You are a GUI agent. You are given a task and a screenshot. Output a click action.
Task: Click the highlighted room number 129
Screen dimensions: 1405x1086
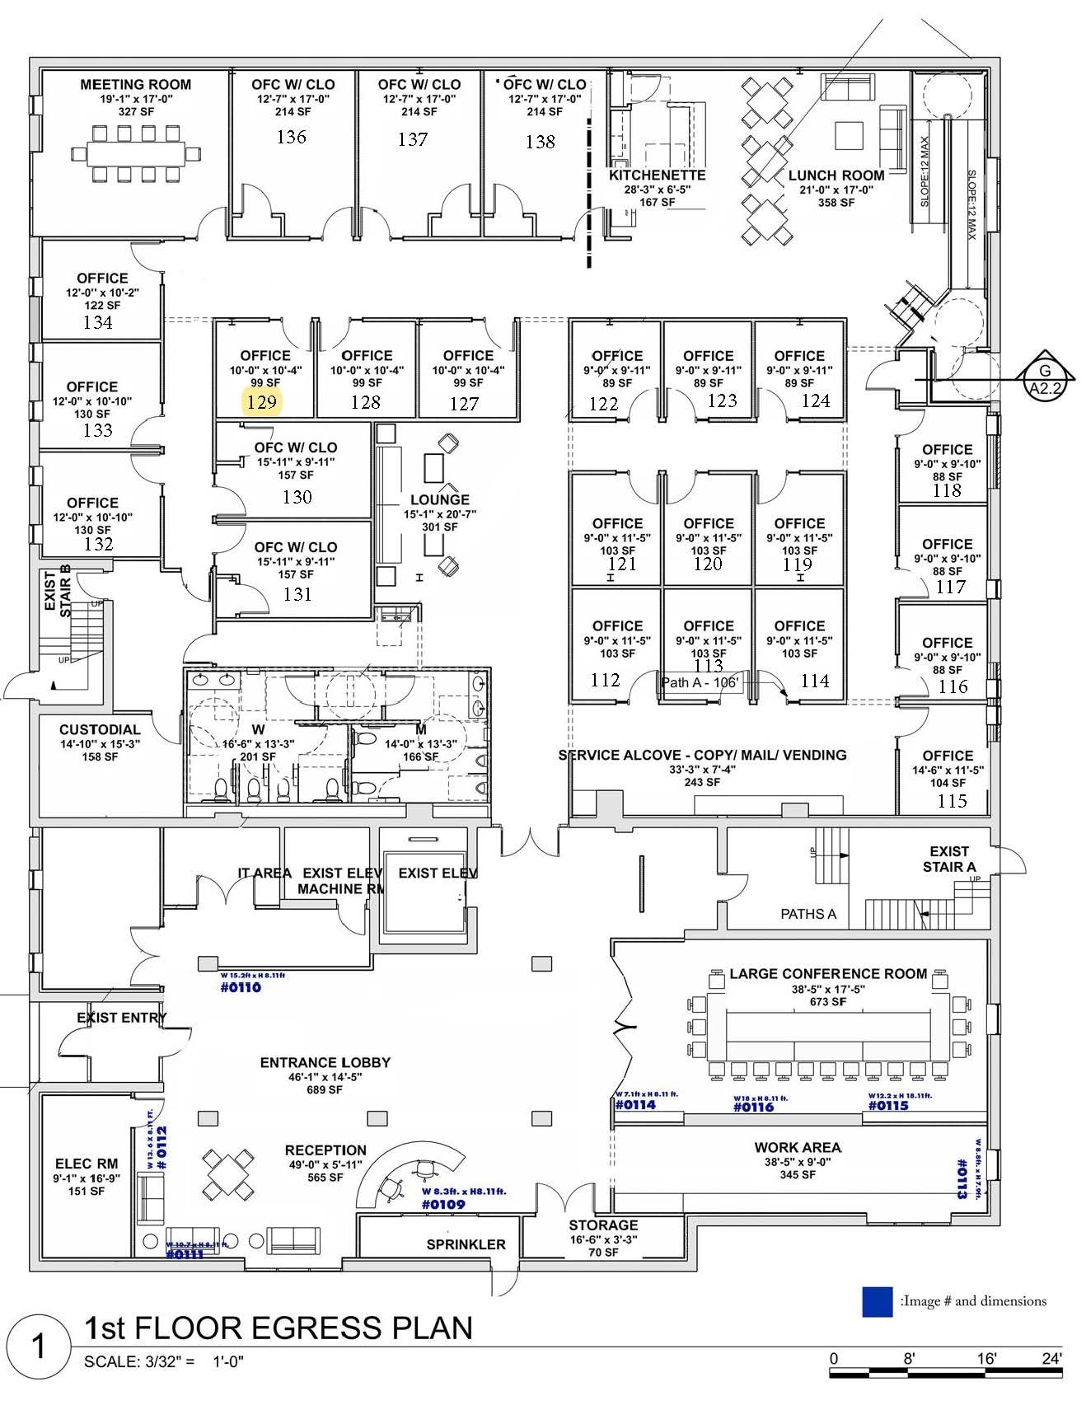pyautogui.click(x=262, y=402)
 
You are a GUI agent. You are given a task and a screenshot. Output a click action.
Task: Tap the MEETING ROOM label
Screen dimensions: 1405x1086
pyautogui.click(x=135, y=85)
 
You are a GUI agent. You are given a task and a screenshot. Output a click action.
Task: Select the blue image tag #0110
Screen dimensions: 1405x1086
pyautogui.click(x=241, y=987)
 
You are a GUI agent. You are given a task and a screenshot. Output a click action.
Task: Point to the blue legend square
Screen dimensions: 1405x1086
pyautogui.click(x=877, y=1301)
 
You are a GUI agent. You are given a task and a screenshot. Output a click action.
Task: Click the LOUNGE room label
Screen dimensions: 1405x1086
pyautogui.click(x=440, y=500)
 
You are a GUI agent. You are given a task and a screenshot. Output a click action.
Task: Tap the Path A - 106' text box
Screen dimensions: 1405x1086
pyautogui.click(x=700, y=682)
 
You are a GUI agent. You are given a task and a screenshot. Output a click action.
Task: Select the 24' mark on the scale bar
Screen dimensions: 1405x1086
pyautogui.click(x=1051, y=1359)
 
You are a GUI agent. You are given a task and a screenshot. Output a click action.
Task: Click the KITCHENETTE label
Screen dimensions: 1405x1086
pyautogui.click(x=657, y=176)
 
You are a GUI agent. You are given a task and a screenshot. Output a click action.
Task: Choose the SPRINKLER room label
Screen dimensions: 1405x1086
pyautogui.click(x=466, y=1244)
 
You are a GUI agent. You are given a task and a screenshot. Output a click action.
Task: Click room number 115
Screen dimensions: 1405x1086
pyautogui.click(x=952, y=800)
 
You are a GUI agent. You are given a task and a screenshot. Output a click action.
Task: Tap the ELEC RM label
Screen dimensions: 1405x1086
pyautogui.click(x=87, y=1164)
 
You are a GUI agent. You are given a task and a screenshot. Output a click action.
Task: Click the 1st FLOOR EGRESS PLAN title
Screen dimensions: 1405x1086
pyautogui.click(x=279, y=1328)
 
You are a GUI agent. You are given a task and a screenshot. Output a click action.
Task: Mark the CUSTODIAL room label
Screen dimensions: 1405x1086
pyautogui.click(x=100, y=729)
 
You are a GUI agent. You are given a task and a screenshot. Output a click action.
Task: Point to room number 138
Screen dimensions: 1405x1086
pyautogui.click(x=541, y=142)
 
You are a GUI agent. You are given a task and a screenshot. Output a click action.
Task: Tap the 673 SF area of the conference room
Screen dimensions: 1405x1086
pyautogui.click(x=827, y=1002)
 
